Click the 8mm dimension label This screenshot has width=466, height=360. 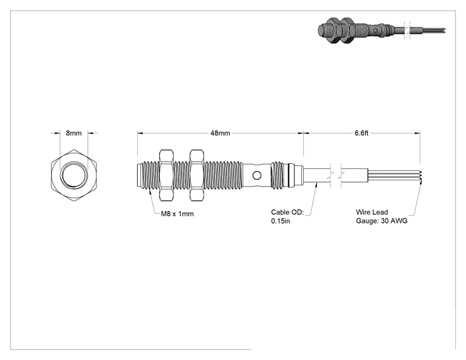point(74,133)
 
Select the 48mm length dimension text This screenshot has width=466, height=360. point(220,133)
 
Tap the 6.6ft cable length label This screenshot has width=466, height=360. point(361,133)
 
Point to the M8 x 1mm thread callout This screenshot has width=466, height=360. point(177,213)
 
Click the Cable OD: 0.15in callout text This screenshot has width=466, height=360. point(287,217)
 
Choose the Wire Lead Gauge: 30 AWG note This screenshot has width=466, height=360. point(381,217)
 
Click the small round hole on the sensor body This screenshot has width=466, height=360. point(257,175)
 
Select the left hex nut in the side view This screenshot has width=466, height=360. point(167,175)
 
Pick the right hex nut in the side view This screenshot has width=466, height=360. point(197,175)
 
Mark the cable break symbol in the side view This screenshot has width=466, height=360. point(336,175)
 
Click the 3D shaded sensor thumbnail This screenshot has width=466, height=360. point(381,29)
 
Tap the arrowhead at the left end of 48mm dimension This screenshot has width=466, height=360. point(140,133)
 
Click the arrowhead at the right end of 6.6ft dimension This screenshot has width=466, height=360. point(417,133)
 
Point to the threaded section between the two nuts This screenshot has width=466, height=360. point(181,175)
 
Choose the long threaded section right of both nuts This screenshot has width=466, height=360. point(224,175)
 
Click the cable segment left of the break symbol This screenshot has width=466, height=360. point(316,175)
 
